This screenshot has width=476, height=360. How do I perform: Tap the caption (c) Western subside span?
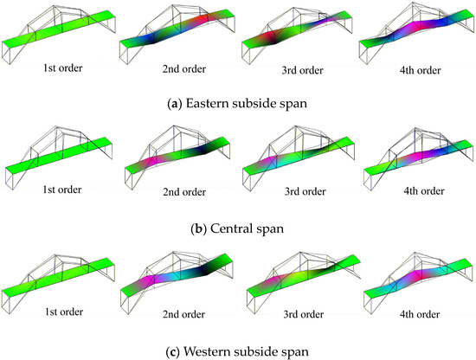[238, 350]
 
